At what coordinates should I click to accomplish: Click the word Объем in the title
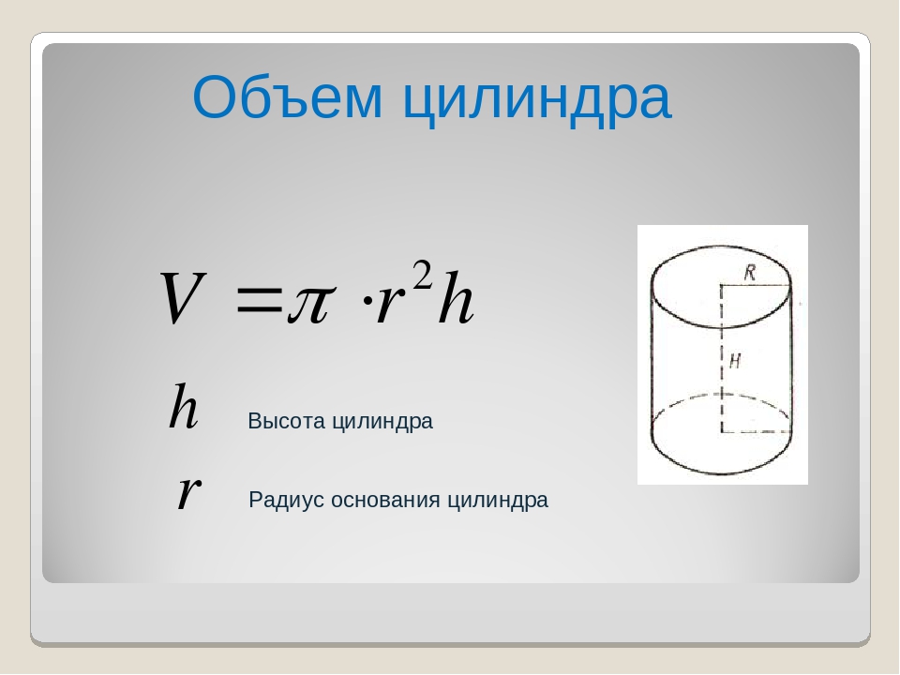pyautogui.click(x=287, y=97)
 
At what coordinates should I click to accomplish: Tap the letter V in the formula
pyautogui.click(x=182, y=298)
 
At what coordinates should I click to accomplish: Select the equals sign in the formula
pyautogui.click(x=259, y=301)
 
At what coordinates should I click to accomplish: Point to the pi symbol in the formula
pyautogui.click(x=310, y=304)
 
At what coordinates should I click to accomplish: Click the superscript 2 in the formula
pyautogui.click(x=423, y=275)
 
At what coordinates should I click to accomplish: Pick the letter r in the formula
pyautogui.click(x=388, y=304)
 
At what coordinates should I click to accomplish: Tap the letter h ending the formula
pyautogui.click(x=456, y=298)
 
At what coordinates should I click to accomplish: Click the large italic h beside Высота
pyautogui.click(x=184, y=407)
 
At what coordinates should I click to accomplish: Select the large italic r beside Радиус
pyautogui.click(x=188, y=492)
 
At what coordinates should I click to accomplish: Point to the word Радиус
pyautogui.click(x=287, y=500)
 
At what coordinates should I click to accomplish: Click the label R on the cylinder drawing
pyautogui.click(x=750, y=272)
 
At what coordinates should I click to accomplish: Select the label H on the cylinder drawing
pyautogui.click(x=735, y=361)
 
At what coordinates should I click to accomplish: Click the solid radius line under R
pyautogui.click(x=756, y=285)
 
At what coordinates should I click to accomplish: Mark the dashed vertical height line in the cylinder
pyautogui.click(x=722, y=357)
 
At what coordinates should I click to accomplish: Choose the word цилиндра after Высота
pyautogui.click(x=382, y=423)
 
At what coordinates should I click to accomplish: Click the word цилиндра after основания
pyautogui.click(x=498, y=501)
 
